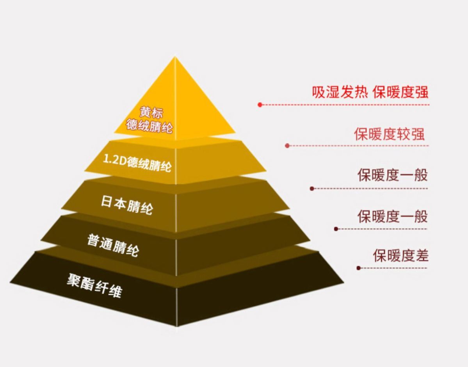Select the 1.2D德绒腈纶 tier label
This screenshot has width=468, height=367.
137,162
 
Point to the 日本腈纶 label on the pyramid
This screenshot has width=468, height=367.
126,205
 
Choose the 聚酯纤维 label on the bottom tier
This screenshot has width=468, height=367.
94,286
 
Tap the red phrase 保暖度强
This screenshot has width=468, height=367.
400,92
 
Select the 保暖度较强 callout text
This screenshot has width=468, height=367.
389,134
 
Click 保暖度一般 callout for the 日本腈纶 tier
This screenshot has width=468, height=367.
392,175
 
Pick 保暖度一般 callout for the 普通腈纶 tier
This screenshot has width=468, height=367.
392,216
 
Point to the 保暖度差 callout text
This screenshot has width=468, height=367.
400,256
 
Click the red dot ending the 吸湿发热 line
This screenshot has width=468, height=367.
260,105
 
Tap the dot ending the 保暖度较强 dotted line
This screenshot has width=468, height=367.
287,146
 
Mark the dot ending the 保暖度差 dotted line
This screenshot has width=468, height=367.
358,268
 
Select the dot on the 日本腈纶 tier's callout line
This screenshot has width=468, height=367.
312,189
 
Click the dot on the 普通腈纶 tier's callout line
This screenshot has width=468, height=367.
336,229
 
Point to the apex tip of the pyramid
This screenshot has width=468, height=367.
175,57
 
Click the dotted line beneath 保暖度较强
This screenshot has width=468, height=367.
359,146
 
